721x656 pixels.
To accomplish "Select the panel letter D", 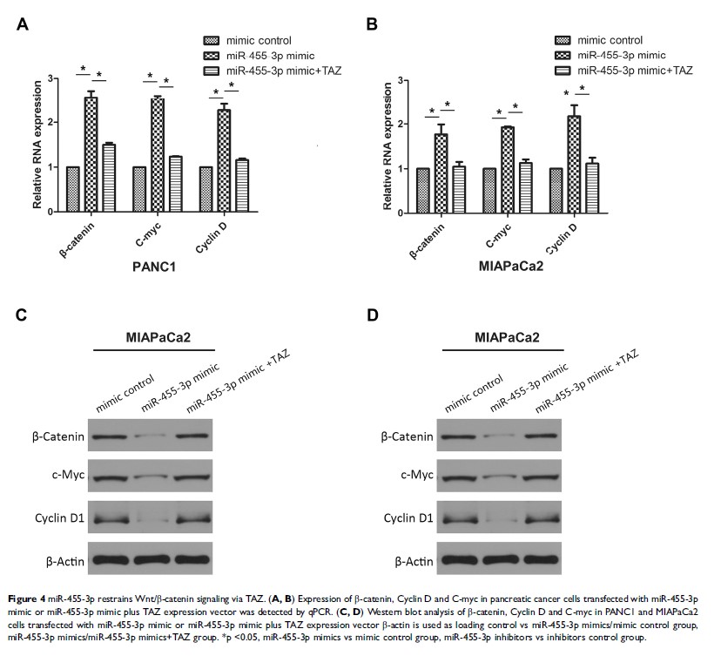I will (373, 314).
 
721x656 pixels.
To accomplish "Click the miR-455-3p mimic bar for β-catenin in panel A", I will (91, 153).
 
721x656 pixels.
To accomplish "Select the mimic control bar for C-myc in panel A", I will (139, 188).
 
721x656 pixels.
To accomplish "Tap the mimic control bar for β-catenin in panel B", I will (422, 190).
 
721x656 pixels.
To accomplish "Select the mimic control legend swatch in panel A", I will (212, 40).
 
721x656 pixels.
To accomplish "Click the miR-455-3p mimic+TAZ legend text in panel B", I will (636, 70).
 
